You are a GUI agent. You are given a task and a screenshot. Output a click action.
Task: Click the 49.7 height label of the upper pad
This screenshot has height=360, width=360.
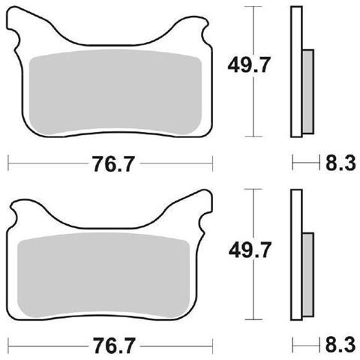(249, 64)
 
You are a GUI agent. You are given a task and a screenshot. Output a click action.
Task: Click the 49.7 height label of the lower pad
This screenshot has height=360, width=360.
(250, 250)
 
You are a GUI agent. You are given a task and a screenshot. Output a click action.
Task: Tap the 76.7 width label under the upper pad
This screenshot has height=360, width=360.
(114, 164)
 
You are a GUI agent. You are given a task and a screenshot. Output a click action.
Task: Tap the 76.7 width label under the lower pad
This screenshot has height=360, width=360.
(114, 346)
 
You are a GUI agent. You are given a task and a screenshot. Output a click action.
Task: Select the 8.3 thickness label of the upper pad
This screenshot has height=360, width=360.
(340, 163)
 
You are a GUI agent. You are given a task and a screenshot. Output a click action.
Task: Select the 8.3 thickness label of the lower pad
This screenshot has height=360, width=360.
(340, 345)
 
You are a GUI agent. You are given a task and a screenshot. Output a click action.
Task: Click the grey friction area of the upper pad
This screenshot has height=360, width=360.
(115, 92)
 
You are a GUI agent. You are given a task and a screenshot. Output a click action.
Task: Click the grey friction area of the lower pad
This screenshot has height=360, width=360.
(103, 275)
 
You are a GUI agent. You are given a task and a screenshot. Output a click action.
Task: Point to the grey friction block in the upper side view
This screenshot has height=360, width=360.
(308, 91)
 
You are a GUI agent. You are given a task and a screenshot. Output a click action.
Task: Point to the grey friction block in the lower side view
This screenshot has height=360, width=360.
(308, 274)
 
